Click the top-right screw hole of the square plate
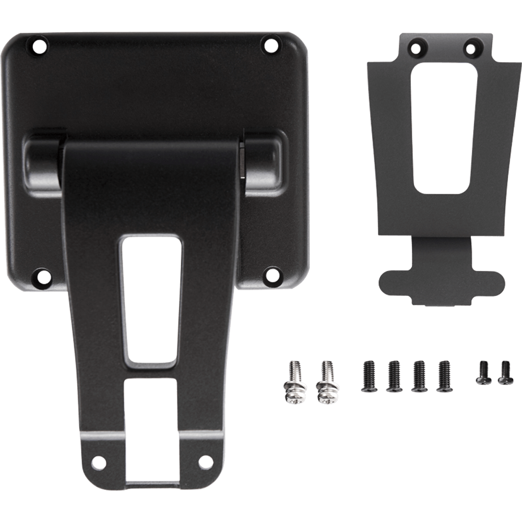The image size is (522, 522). point(270,45)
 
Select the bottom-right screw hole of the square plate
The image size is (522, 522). point(271,272)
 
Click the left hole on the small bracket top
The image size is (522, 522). point(417,49)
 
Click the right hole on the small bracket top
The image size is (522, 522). point(471,49)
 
